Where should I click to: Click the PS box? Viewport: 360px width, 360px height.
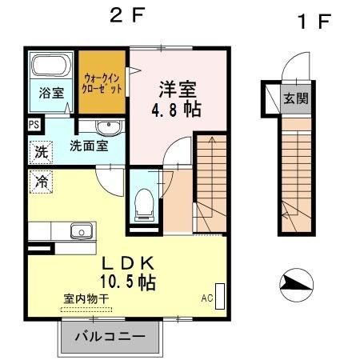tap(34, 125)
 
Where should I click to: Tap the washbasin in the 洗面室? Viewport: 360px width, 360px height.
tap(106, 128)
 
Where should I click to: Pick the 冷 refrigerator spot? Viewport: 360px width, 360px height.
tap(40, 182)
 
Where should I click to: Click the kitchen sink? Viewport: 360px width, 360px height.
tap(81, 231)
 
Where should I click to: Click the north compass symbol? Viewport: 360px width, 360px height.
tap(294, 284)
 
